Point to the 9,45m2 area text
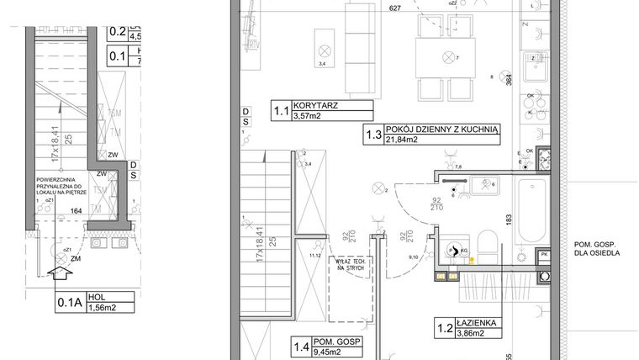[x=309, y=353]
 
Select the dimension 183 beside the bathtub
[x=509, y=218]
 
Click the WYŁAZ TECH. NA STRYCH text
[x=346, y=264]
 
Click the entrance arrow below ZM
[x=60, y=273]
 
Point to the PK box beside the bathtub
[x=543, y=255]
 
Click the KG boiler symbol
[x=457, y=250]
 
